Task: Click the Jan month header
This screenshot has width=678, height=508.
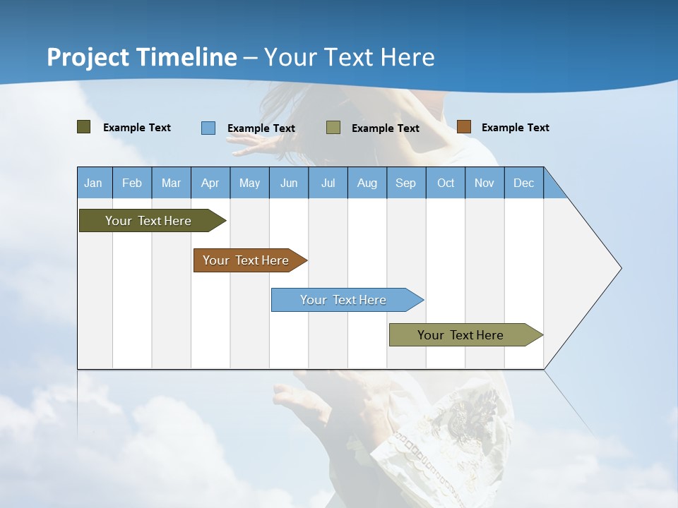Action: click(93, 183)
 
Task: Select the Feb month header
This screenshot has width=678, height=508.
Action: click(132, 183)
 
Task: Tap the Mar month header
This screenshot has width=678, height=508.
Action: click(171, 183)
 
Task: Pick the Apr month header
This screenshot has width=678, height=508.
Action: click(210, 183)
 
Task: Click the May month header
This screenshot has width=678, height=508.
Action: click(249, 183)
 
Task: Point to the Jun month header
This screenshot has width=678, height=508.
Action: click(289, 183)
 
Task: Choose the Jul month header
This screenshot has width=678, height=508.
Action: click(328, 183)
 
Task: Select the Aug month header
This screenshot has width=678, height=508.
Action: click(367, 183)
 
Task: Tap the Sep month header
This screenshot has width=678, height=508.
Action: click(406, 183)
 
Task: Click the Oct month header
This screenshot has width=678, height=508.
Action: click(446, 183)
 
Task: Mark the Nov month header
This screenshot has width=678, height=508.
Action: click(484, 183)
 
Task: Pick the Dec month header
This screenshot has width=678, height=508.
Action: click(524, 183)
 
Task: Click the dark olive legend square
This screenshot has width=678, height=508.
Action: click(84, 127)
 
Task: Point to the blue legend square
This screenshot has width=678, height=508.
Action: click(208, 128)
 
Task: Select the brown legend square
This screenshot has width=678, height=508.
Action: click(464, 127)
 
